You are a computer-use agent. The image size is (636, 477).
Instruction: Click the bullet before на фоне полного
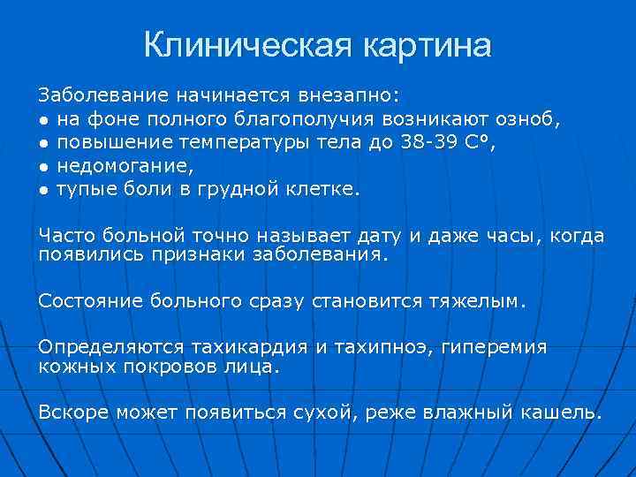pyautogui.click(x=44, y=118)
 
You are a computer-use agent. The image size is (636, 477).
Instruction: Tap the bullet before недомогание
pyautogui.click(x=44, y=165)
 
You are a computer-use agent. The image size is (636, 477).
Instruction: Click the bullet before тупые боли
pyautogui.click(x=44, y=189)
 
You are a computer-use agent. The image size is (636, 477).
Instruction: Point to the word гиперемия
pyautogui.click(x=491, y=347)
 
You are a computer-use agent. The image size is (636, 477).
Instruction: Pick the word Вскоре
pyautogui.click(x=72, y=412)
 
